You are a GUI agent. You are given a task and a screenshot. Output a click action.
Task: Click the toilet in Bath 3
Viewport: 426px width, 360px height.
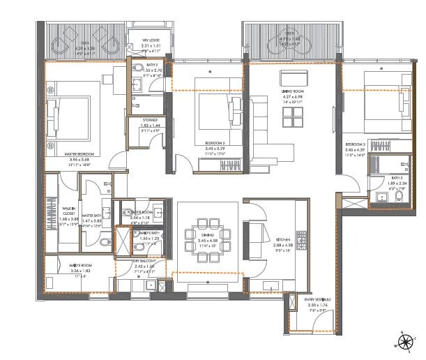(x=380, y=198)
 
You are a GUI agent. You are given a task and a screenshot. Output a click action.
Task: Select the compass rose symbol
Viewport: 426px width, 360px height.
(x=404, y=340)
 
